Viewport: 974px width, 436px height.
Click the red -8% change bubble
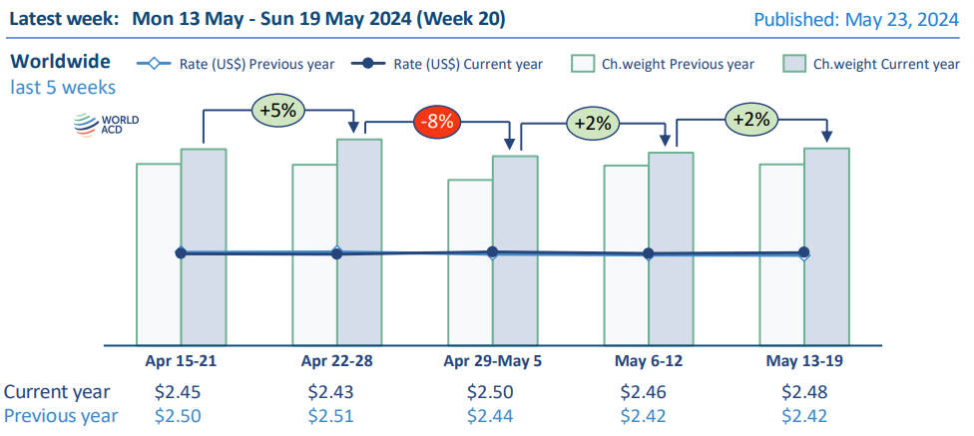coord(436,123)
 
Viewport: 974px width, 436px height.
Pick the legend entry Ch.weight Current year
coord(872,64)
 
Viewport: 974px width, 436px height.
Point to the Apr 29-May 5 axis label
coord(491,359)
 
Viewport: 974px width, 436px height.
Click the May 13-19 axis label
coord(803,359)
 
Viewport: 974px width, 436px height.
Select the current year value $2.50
coord(491,392)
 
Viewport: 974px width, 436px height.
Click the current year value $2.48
coord(803,392)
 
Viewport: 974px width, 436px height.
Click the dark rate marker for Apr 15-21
coord(181,253)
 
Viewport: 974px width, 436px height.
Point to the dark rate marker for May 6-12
coord(649,254)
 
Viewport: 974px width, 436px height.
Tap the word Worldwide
coord(60,62)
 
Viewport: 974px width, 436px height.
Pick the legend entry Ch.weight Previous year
coord(664,64)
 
